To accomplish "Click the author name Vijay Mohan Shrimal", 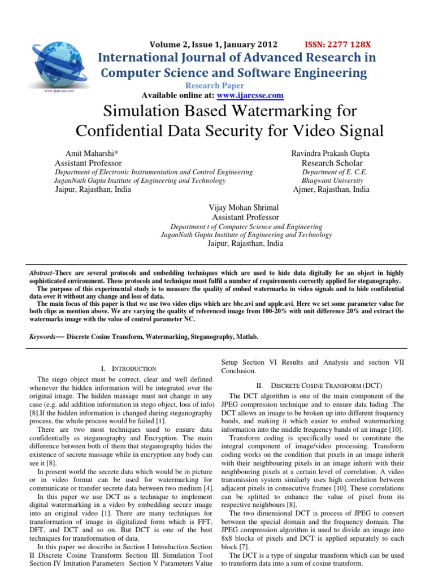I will [244, 208].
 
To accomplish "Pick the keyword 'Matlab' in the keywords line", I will [247, 337].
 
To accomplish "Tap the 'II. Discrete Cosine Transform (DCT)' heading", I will [327, 385].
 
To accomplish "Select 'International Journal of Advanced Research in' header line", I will [237, 58].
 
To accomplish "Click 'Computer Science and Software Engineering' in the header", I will [233, 73].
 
